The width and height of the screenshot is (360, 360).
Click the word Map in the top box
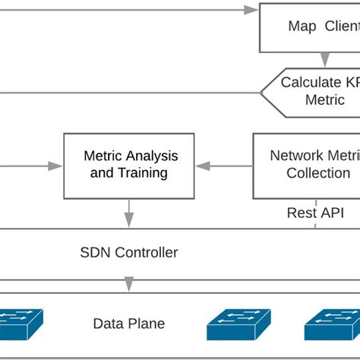[302, 27]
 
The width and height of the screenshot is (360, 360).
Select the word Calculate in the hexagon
[309, 82]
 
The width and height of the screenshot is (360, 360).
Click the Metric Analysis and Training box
[128, 166]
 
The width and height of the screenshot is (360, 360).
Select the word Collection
[317, 173]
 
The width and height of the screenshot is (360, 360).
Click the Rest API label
[315, 213]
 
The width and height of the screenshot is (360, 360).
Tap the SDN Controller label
[129, 252]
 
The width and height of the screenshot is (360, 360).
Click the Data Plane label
[128, 324]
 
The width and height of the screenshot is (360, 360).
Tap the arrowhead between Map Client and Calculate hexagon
[325, 60]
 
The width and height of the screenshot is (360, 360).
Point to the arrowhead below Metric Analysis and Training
[129, 222]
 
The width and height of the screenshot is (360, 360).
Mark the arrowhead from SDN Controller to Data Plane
[129, 285]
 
